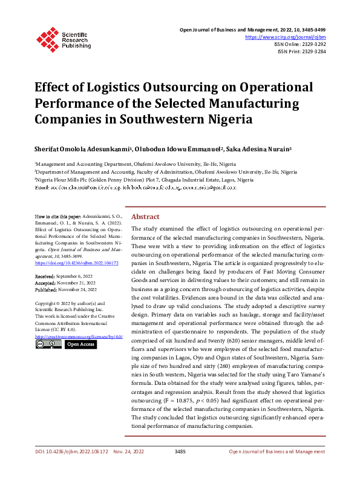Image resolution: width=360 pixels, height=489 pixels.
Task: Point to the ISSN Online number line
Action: (300, 44)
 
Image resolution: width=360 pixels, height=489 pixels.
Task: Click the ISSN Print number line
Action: (301, 52)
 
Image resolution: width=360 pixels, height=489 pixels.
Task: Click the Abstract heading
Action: (145, 217)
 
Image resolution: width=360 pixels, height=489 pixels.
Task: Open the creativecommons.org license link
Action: (79, 336)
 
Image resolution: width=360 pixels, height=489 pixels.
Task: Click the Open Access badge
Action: (80, 344)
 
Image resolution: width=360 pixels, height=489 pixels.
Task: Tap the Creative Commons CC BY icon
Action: (48, 344)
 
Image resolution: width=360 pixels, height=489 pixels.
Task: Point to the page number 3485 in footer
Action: (180, 468)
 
